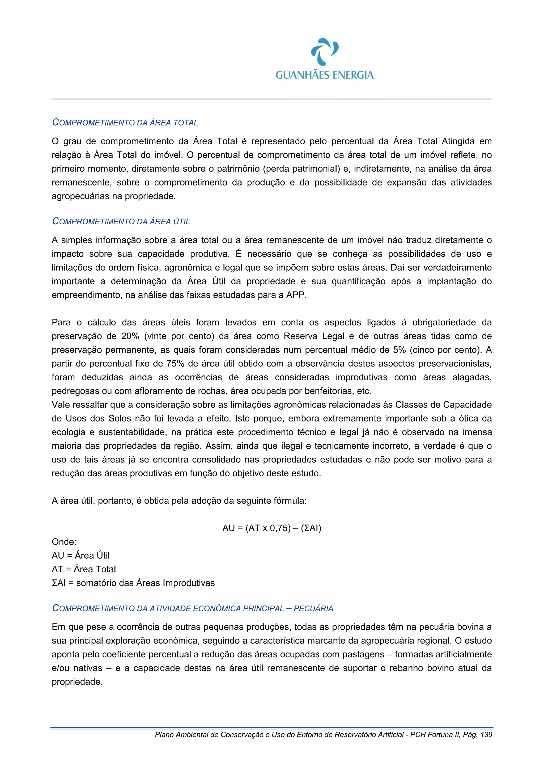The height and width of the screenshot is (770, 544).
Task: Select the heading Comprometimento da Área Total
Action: click(x=125, y=123)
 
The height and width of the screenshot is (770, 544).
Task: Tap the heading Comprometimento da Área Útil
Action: click(x=121, y=221)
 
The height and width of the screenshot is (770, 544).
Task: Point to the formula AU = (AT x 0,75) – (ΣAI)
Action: click(x=271, y=528)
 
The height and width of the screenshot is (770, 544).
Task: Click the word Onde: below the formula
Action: click(x=64, y=542)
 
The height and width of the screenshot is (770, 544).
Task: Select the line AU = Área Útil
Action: click(x=81, y=556)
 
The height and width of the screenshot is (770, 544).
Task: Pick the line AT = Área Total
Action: click(x=84, y=569)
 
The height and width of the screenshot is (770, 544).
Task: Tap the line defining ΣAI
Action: click(x=133, y=583)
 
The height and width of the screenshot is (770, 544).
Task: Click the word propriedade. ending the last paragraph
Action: click(x=77, y=682)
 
